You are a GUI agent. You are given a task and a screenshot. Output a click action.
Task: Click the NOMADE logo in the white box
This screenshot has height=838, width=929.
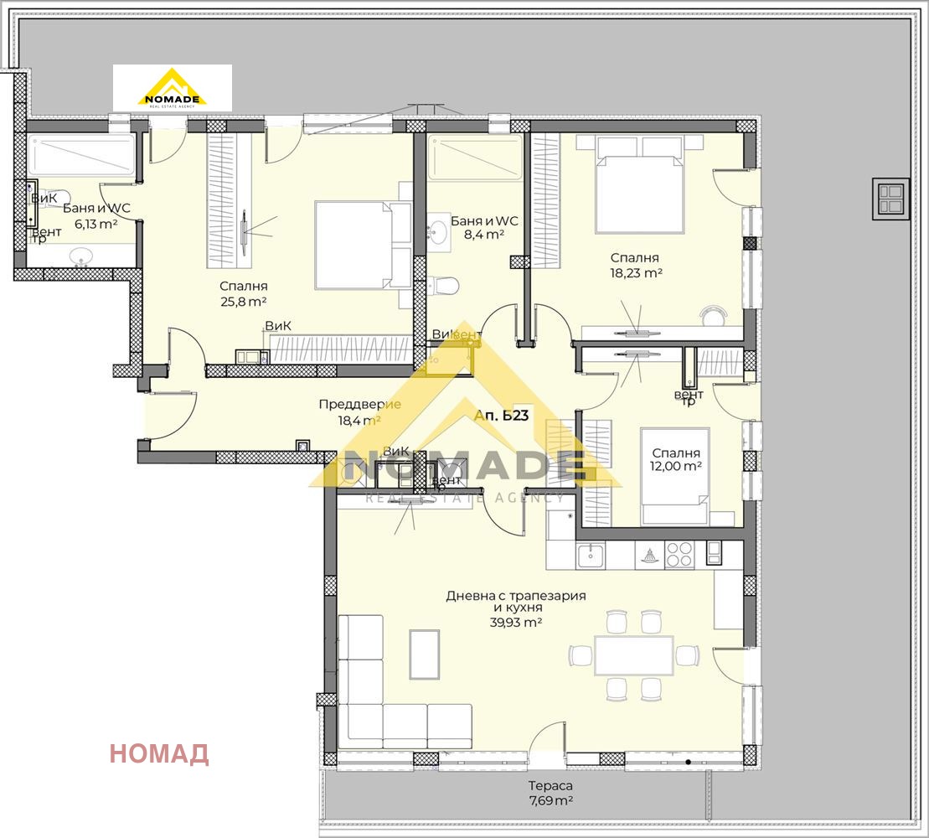[x=172, y=88]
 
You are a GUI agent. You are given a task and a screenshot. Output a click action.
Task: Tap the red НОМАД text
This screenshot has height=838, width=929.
[x=159, y=754]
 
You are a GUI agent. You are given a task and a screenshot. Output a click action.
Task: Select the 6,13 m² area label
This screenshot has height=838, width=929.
[x=95, y=224]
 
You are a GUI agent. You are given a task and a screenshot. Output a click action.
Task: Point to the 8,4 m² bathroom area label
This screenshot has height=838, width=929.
[x=483, y=235]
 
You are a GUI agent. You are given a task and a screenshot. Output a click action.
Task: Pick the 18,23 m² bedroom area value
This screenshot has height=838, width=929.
[x=636, y=272]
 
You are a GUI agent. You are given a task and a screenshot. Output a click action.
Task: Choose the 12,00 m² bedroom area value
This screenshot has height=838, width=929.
[x=677, y=466]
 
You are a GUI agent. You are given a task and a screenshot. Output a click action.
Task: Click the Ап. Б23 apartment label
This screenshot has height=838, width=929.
[x=501, y=416]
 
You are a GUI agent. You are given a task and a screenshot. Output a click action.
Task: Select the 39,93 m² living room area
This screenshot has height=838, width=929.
[x=515, y=623]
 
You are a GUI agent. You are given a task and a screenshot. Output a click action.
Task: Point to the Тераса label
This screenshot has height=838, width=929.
[x=550, y=785]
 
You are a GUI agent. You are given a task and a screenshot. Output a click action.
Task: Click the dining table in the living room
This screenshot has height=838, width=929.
[x=633, y=655]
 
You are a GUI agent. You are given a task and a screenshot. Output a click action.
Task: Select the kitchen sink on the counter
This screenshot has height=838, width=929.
[x=591, y=555]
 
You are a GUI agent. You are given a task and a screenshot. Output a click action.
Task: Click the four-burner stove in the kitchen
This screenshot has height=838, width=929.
[x=679, y=555]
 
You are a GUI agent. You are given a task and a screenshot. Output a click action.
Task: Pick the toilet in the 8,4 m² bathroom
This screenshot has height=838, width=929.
[x=445, y=287]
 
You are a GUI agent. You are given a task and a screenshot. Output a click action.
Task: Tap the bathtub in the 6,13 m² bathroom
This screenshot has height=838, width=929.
[x=80, y=158]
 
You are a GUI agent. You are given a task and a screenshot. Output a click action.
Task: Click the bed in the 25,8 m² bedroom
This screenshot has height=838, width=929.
[x=352, y=244]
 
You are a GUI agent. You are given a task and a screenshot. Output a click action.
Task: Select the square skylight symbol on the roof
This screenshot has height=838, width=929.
[x=890, y=199]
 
